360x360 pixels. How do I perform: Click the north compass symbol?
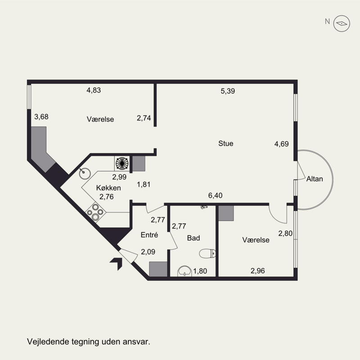342,22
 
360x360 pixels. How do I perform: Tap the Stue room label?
225,144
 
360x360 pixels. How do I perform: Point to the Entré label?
148,235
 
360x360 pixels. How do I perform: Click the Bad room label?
193,238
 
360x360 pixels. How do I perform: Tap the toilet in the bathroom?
208,254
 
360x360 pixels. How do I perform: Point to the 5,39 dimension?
228,91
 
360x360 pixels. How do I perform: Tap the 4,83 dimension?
93,90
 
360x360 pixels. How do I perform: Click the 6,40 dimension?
215,195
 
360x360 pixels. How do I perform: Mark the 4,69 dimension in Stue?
281,144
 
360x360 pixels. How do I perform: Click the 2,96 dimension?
258,270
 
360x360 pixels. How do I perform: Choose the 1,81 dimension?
143,184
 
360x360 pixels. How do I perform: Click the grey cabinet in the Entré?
158,269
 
